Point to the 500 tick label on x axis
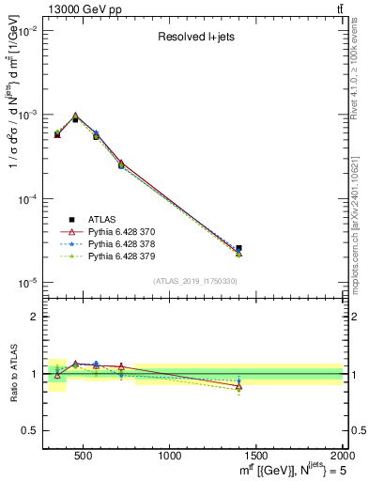pyautogui.click(x=84, y=457)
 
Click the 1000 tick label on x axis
pyautogui.click(x=170, y=457)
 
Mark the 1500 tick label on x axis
pyautogui.click(x=256, y=457)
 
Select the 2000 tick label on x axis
pyautogui.click(x=342, y=457)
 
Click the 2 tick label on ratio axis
pyautogui.click(x=34, y=317)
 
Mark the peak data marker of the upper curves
pyautogui.click(x=75, y=116)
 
